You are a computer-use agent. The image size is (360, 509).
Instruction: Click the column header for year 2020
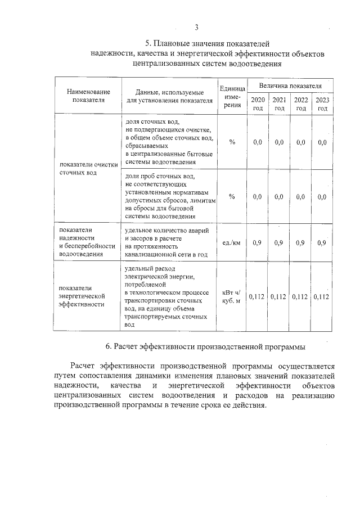coord(258,104)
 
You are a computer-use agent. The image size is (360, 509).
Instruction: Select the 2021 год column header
coord(279,104)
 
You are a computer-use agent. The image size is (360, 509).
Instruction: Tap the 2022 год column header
coord(301,104)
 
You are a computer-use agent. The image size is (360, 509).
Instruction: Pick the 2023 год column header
coord(322,104)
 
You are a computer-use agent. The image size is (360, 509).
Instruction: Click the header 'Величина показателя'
coord(290,85)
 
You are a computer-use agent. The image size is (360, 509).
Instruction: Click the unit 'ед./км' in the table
coord(232,243)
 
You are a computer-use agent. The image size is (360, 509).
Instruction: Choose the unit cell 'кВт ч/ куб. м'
coord(232,296)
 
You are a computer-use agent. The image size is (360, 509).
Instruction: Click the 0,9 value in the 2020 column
coord(258,243)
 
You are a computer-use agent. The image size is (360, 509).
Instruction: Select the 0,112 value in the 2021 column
coord(279,296)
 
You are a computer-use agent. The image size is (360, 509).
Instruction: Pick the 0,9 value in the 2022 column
coord(301,243)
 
